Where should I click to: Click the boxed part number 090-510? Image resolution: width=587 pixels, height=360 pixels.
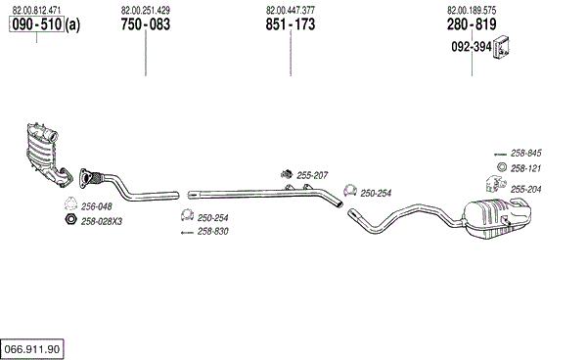(37, 24)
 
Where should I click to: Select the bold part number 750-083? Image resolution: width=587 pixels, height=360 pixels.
(145, 24)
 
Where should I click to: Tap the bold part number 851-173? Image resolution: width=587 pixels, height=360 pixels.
(291, 24)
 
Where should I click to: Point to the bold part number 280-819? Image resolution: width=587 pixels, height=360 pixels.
(472, 24)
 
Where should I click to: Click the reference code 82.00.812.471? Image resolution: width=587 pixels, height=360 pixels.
(36, 10)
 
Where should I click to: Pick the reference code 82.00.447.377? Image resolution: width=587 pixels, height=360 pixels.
(291, 10)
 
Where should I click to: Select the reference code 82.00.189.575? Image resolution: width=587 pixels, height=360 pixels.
(472, 10)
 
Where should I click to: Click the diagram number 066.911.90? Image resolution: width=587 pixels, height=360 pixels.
(32, 349)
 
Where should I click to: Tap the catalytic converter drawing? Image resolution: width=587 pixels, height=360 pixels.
(48, 154)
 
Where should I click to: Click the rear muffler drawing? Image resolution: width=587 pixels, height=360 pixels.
(496, 218)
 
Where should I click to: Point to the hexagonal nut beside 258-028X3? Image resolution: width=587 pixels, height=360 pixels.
(70, 219)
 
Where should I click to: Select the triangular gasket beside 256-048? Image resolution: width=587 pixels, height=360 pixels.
(70, 203)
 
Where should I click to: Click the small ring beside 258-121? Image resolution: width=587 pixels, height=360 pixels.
(502, 167)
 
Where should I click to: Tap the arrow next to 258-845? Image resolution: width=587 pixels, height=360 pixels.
(500, 155)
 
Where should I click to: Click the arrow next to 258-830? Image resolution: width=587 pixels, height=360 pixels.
(187, 233)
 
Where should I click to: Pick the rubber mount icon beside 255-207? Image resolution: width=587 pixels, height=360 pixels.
(287, 174)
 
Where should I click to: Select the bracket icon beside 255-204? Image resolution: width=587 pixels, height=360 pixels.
(496, 184)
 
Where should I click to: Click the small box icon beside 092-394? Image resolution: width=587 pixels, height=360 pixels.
(502, 48)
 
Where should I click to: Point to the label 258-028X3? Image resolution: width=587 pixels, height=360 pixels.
(102, 221)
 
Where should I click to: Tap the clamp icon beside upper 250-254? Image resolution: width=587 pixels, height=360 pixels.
(350, 190)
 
